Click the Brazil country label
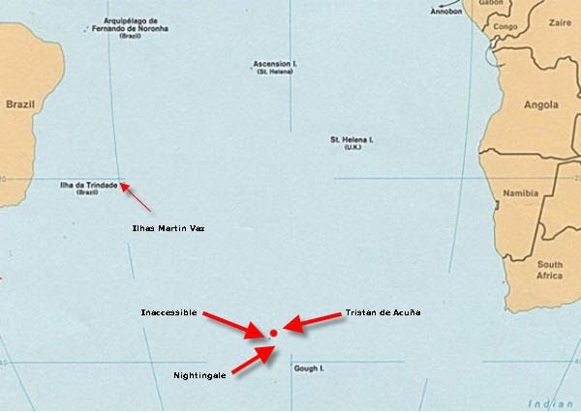20,103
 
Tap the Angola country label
540,104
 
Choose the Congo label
505,27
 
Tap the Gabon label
492,4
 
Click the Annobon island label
447,12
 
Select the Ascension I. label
275,64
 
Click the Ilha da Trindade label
88,184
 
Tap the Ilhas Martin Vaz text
168,228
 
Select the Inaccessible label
169,313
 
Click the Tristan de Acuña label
382,313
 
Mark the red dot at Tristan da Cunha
274,333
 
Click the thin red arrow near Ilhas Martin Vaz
137,197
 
